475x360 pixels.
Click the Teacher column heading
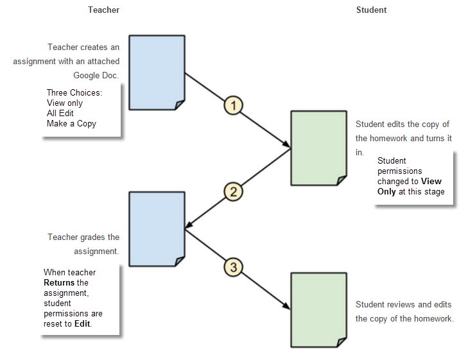103,10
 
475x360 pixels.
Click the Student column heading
371,10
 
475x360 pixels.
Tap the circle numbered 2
233,191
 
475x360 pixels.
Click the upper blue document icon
157,73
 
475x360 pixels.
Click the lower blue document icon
157,228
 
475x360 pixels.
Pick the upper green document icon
318,148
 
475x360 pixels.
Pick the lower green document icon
318,309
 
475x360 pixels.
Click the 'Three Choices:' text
74,93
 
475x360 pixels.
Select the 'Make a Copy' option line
71,123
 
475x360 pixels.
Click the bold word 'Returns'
59,283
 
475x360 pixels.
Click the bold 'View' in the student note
431,182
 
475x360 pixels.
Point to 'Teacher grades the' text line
83,237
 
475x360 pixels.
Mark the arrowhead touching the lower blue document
187,226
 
